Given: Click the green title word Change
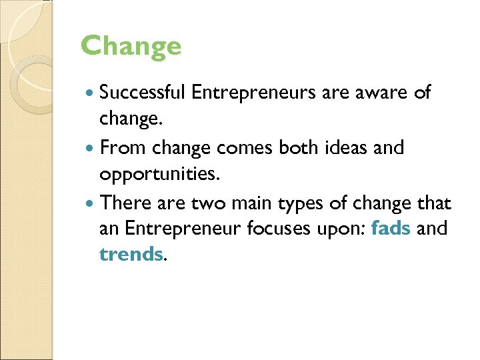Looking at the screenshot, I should click(131, 46).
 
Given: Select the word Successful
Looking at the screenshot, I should click(142, 93).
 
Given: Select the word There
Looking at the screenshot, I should click(123, 201).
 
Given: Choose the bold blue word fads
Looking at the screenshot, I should click(391, 228).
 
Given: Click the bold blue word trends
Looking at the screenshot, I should click(131, 255).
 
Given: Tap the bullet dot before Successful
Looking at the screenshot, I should click(91, 93).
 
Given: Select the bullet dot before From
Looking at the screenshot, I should click(91, 148).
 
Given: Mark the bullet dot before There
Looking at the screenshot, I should click(91, 203).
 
